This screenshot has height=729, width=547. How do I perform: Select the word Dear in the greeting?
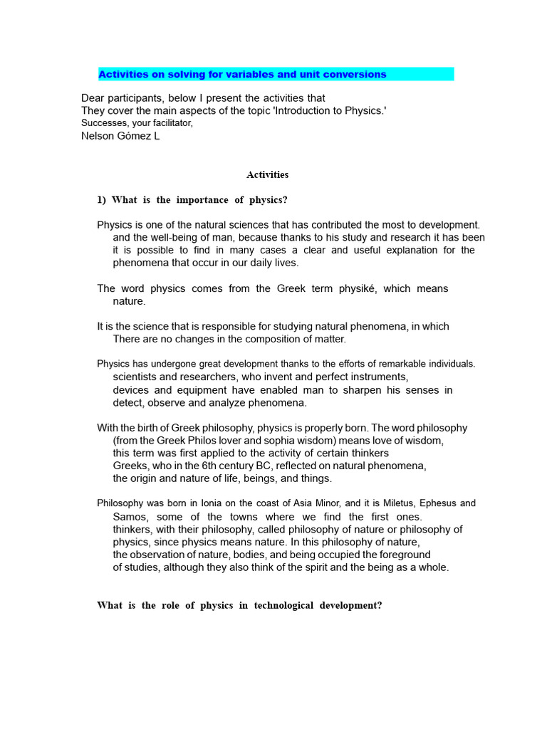point(93,98)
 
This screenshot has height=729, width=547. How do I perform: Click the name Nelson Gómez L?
point(120,136)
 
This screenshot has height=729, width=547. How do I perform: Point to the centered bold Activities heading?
point(267,174)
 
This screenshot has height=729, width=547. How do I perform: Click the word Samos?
point(128,517)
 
